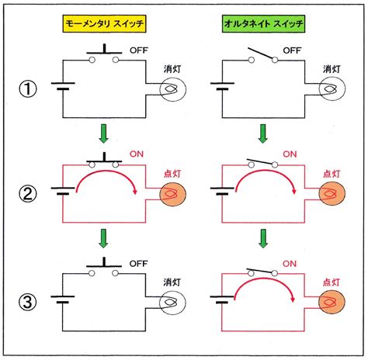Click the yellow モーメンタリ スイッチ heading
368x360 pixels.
[104, 24]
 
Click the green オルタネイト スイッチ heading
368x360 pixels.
[264, 24]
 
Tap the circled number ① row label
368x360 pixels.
[28, 88]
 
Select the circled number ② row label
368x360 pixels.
[28, 194]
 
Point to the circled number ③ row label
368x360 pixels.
[28, 302]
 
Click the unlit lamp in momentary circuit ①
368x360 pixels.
[172, 89]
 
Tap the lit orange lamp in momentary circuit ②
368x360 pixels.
[172, 194]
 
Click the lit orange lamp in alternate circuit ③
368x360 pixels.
[332, 302]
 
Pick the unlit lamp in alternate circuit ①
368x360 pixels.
[332, 89]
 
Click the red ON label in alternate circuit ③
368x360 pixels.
[290, 264]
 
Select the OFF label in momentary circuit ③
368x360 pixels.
[139, 264]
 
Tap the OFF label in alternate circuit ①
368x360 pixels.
[292, 50]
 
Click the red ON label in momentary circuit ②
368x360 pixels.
[137, 154]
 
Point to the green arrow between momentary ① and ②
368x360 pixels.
[103, 133]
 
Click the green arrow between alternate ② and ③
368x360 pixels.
[263, 238]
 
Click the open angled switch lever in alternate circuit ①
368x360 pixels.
[261, 54]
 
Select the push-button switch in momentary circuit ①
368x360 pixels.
[104, 54]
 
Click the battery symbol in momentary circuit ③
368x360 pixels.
[63, 299]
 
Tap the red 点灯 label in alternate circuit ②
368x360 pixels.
[332, 174]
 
